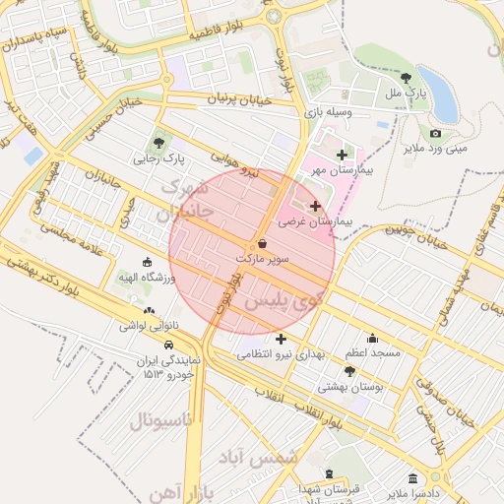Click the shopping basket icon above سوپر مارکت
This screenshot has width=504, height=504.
click(x=262, y=242)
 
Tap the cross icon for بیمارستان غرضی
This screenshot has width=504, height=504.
click(x=315, y=206)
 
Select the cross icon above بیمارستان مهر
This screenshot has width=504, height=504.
click(x=342, y=155)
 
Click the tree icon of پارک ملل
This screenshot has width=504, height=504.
click(x=407, y=77)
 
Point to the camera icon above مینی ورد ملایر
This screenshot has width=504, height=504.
click(x=435, y=134)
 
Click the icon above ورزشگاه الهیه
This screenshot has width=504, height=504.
click(x=147, y=263)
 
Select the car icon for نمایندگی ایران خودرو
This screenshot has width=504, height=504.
click(x=170, y=346)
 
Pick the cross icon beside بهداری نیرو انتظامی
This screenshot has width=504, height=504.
click(x=281, y=339)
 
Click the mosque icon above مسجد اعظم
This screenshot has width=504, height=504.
click(x=372, y=338)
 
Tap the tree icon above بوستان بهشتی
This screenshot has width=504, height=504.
click(x=349, y=371)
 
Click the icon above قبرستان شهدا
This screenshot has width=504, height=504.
click(x=329, y=473)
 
